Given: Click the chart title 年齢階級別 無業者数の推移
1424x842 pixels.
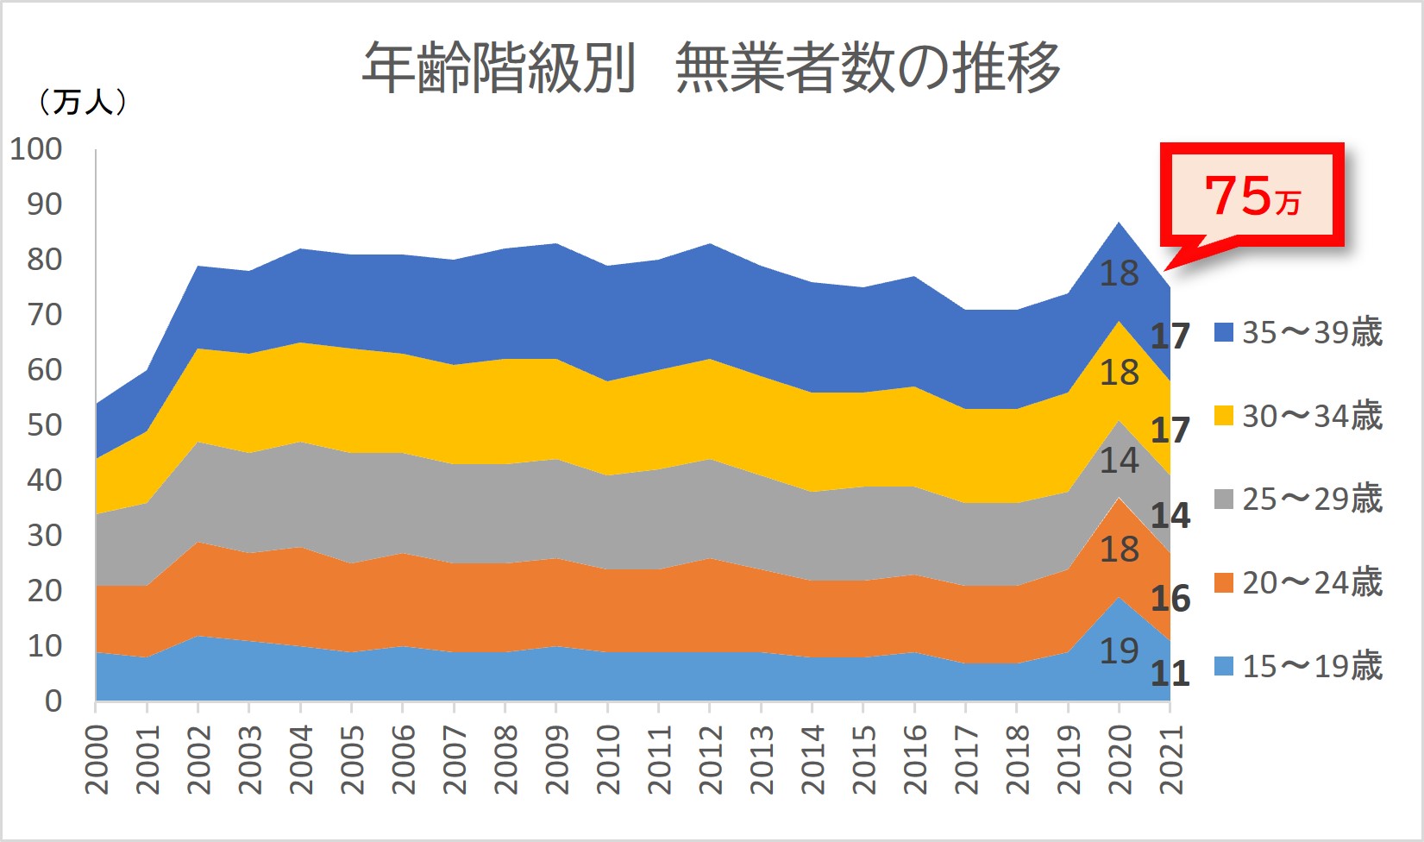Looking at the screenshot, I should [x=711, y=67].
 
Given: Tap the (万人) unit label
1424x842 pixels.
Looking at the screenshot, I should [x=82, y=103].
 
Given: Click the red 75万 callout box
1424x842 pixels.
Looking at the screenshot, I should [x=1251, y=195].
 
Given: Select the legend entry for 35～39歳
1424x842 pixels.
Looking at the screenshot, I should [x=1298, y=332].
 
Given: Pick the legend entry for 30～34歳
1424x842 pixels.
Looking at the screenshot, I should [x=1298, y=416].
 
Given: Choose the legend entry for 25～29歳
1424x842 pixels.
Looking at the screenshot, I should [x=1298, y=499].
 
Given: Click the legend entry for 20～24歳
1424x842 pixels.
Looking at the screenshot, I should [x=1298, y=582].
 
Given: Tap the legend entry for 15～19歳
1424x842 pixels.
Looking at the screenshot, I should [x=1298, y=666].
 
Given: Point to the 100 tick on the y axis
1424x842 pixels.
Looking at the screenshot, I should [x=36, y=148].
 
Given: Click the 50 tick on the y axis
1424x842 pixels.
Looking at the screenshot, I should [x=45, y=424].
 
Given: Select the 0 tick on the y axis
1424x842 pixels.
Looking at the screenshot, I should [x=53, y=701].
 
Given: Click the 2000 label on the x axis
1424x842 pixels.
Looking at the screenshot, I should [x=97, y=758].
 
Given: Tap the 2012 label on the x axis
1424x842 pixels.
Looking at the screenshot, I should [x=710, y=758].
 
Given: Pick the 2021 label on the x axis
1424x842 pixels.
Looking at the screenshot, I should [x=1170, y=758].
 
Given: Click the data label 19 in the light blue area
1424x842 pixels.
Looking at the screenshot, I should [x=1119, y=650].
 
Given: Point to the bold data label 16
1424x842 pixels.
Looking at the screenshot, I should [x=1170, y=598].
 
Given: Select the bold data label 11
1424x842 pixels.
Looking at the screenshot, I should [x=1170, y=673].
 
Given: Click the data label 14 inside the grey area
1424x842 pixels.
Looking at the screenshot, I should [x=1119, y=460].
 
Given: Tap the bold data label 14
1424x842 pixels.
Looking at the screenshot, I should [x=1170, y=515].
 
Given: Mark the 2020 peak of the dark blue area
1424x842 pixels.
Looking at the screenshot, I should [x=1119, y=223].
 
